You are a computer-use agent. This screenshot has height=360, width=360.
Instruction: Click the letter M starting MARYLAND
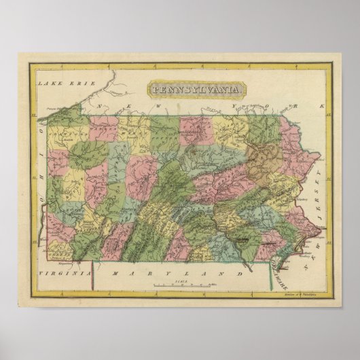[116, 274]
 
